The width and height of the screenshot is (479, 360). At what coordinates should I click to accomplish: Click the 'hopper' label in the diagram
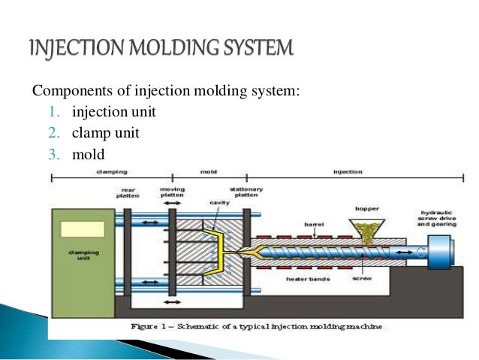[x=366, y=207]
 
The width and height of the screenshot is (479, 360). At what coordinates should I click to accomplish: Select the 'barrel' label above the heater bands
[x=312, y=222]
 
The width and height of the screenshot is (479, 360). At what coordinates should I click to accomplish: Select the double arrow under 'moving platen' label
[x=172, y=204]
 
